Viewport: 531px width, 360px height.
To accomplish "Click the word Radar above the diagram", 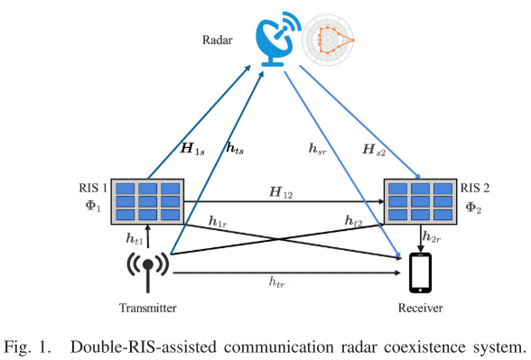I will tap(217, 41).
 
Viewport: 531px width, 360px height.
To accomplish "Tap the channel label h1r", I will tap(218, 221).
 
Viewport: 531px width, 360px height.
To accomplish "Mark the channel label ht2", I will tap(354, 221).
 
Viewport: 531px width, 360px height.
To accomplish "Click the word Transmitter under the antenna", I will tap(147, 309).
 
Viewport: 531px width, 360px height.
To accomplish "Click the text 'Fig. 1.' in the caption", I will tap(32, 346).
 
